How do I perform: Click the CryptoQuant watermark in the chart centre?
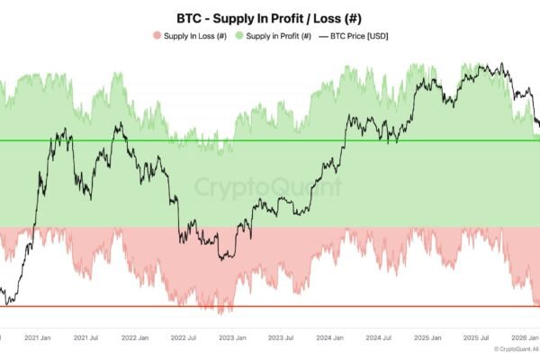tap(268, 188)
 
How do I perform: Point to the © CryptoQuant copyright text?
tap(515, 349)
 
